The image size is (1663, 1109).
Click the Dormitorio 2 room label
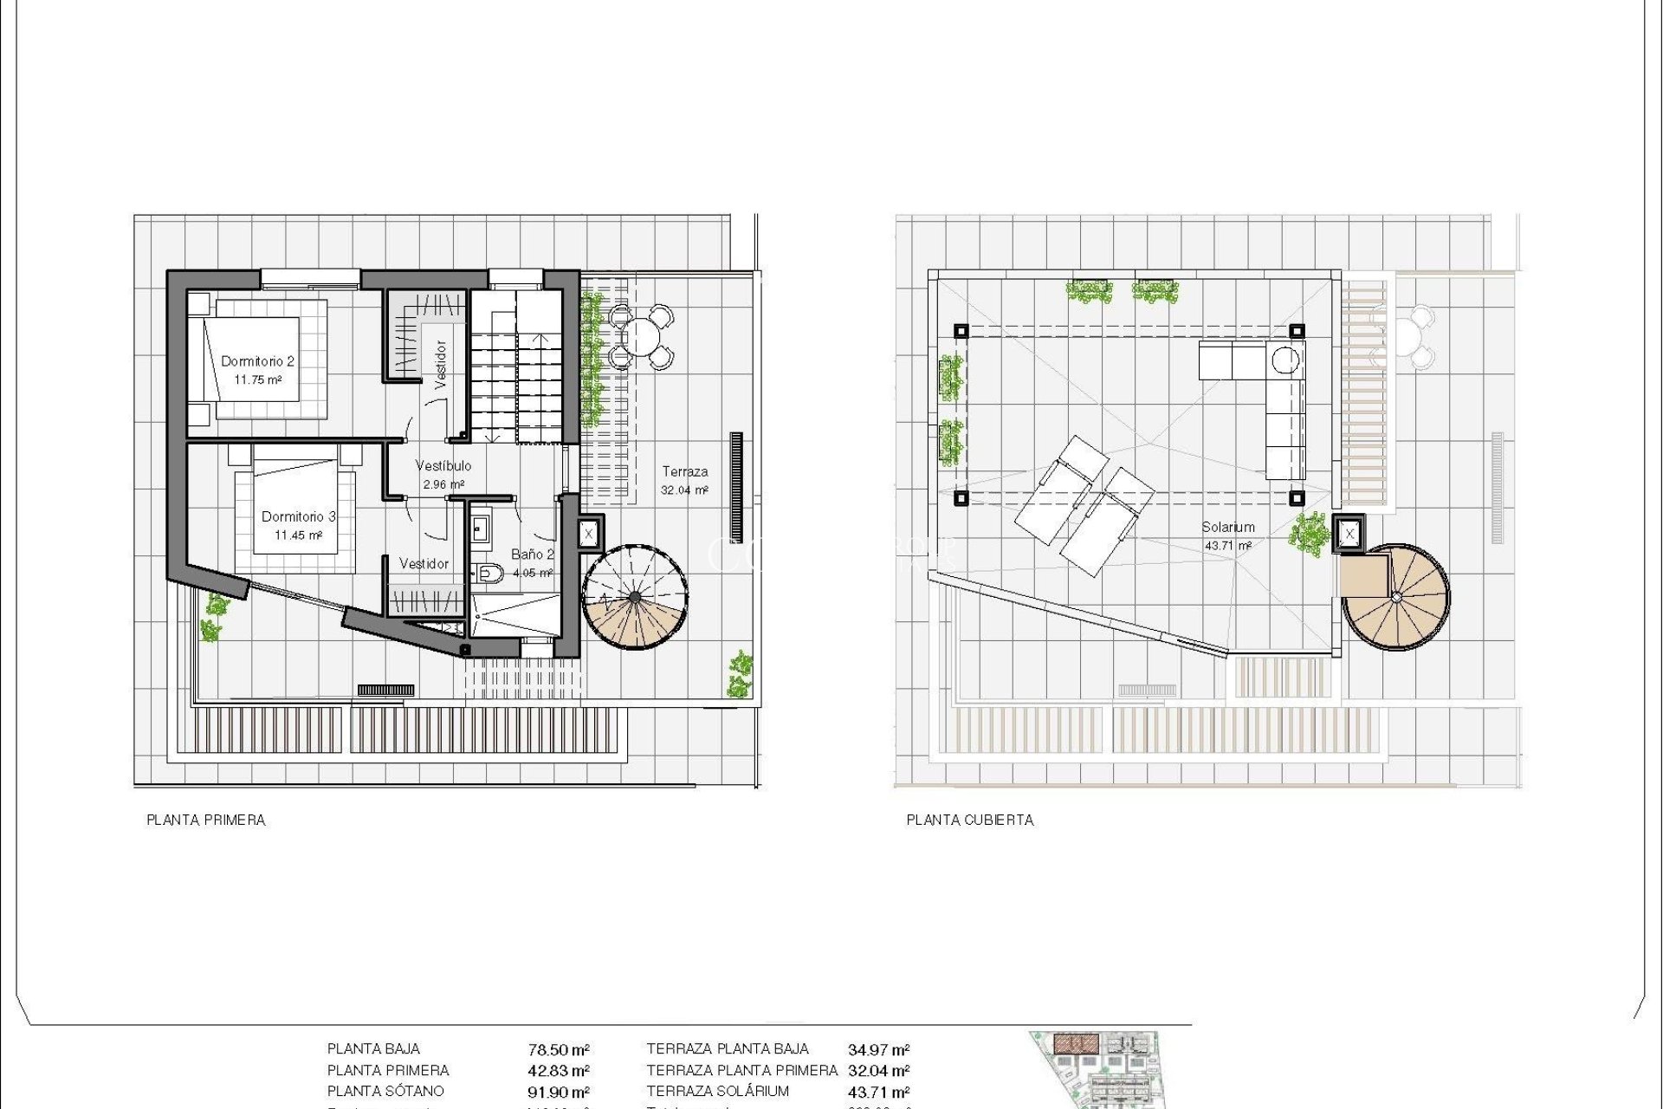tap(257, 361)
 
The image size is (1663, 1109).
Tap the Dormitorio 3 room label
tap(298, 516)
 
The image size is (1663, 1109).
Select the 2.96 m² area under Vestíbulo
tap(443, 484)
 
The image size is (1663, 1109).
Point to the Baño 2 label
tap(532, 554)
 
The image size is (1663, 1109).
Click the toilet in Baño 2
tap(490, 572)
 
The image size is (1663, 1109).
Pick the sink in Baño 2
tap(480, 528)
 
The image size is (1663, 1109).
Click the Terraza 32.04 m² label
tap(684, 480)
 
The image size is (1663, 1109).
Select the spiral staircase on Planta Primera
tap(635, 597)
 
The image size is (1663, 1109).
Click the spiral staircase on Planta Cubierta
tap(1395, 597)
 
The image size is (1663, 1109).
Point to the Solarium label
tap(1227, 527)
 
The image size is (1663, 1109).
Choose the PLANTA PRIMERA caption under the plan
tap(205, 820)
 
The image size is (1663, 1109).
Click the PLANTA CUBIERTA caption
tap(969, 820)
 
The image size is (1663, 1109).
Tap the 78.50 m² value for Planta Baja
tap(559, 1050)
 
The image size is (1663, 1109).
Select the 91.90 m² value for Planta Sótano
tap(559, 1093)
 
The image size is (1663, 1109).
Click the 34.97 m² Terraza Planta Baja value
tap(878, 1050)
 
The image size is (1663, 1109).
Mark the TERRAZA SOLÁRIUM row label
tap(717, 1092)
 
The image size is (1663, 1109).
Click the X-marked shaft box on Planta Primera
tap(589, 534)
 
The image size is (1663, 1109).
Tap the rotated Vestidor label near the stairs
tap(440, 364)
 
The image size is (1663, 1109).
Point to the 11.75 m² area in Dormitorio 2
tap(257, 380)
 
